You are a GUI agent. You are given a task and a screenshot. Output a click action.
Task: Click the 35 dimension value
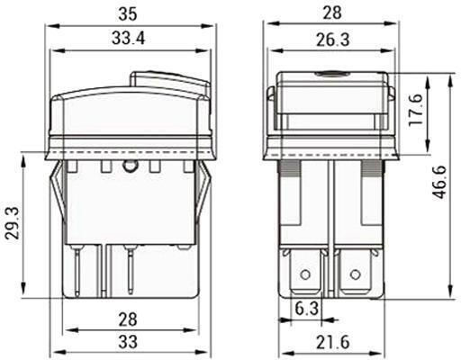click(x=128, y=13)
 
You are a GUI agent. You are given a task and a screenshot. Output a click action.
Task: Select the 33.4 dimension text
click(x=128, y=39)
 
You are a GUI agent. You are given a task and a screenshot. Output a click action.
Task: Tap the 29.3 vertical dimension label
click(x=14, y=222)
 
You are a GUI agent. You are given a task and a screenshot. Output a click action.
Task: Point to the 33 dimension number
click(x=128, y=341)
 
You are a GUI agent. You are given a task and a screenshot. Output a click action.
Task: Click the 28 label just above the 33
click(x=128, y=319)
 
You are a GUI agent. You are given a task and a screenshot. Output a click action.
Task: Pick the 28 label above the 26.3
click(x=332, y=13)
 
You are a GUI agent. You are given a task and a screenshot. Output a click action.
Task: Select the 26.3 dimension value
click(x=332, y=40)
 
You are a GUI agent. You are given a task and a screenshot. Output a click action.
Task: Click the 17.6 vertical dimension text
click(x=416, y=110)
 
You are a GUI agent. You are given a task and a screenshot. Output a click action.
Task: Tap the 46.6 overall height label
click(x=440, y=182)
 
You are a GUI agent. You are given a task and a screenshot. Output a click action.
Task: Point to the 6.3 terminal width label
click(x=306, y=309)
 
